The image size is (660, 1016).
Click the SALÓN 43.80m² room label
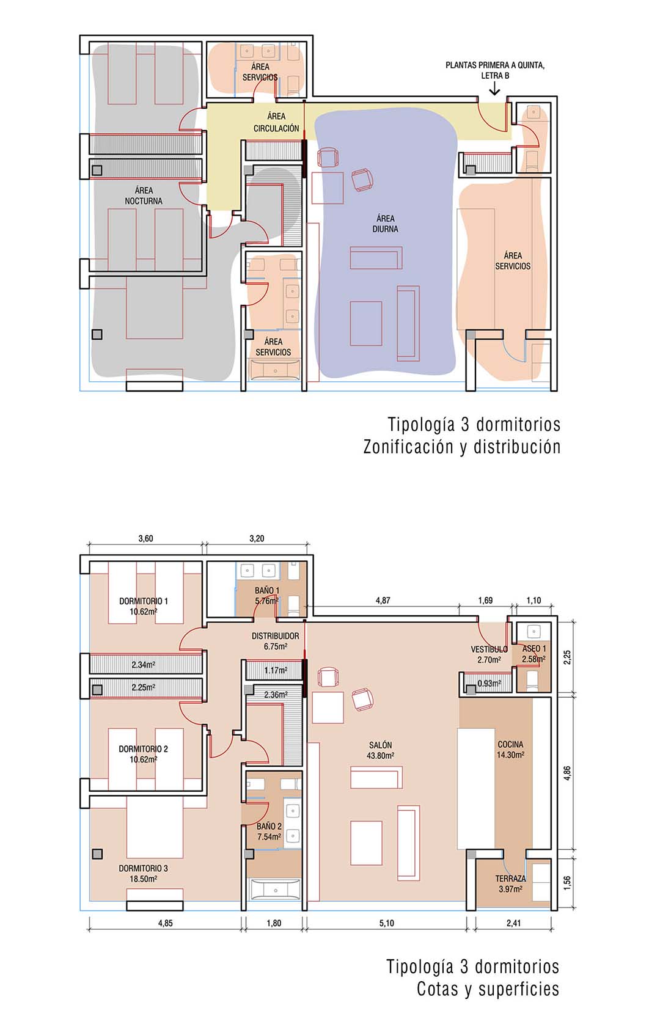pos(381,750)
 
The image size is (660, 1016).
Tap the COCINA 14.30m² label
pos(510,749)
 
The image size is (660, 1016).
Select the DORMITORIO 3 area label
pos(144,873)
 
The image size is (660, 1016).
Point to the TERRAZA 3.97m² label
pos(510,883)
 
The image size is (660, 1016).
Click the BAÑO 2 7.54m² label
pos(269,831)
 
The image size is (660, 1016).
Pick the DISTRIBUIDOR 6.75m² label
pos(276,641)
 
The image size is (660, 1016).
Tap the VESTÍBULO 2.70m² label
pos(489,654)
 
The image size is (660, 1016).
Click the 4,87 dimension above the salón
pos(383,601)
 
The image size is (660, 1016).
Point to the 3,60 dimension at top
pos(145,538)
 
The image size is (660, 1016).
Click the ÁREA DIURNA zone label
pos(385,224)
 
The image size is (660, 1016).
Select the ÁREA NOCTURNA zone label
pos(144,196)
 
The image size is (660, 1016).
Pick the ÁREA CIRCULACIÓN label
pos(276,122)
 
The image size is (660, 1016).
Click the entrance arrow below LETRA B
pos(494,89)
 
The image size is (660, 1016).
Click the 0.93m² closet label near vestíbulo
pos(490,683)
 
